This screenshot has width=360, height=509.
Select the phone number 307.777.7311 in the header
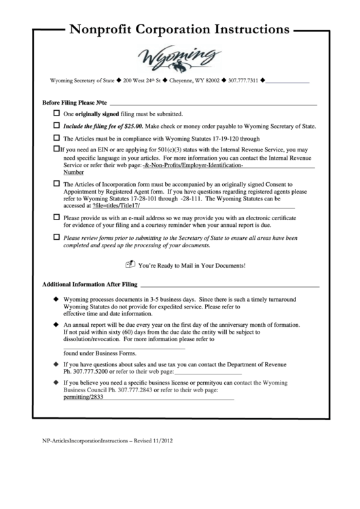click(x=242, y=82)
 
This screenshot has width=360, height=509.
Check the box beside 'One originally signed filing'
click(x=56, y=113)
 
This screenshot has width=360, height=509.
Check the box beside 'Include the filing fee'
click(x=56, y=126)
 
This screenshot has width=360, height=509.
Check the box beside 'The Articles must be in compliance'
click(x=56, y=138)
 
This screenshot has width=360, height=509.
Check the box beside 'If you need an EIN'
click(x=55, y=149)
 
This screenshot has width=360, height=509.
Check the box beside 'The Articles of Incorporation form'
click(x=56, y=184)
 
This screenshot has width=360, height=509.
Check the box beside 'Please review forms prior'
click(x=56, y=238)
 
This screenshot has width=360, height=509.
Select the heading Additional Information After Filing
click(x=90, y=284)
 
